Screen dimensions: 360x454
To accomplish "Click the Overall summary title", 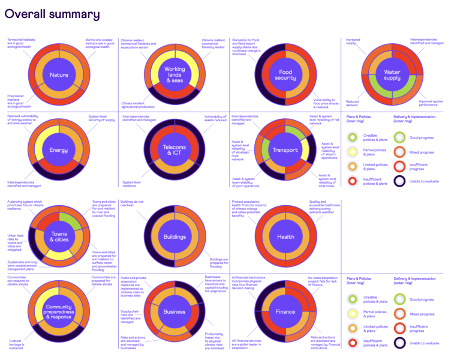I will point(52,14).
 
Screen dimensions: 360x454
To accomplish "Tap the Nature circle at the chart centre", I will point(59,75).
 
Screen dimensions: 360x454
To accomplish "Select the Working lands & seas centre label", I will point(175,75).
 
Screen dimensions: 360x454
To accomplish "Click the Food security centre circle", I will point(285,75).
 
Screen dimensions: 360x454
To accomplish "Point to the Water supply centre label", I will point(392,75).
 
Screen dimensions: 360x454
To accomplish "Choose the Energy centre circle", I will point(59,150).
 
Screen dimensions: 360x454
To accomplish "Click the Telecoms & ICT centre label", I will point(175,150).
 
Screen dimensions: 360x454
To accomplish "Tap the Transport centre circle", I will point(285,150).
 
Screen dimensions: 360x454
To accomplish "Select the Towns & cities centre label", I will point(59,237).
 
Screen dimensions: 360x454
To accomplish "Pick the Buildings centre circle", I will point(175,237).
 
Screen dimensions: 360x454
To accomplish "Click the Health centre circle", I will point(285,237).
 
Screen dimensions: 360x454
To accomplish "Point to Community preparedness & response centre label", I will point(59,311).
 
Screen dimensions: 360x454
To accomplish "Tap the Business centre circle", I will point(175,311).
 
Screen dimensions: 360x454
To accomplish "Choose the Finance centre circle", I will point(285,311).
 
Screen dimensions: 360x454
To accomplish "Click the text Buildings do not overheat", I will point(132,204).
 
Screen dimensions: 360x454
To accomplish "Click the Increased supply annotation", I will point(353,42).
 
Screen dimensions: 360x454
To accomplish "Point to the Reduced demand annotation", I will point(354,103).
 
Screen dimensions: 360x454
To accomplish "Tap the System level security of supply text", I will point(102,118).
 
